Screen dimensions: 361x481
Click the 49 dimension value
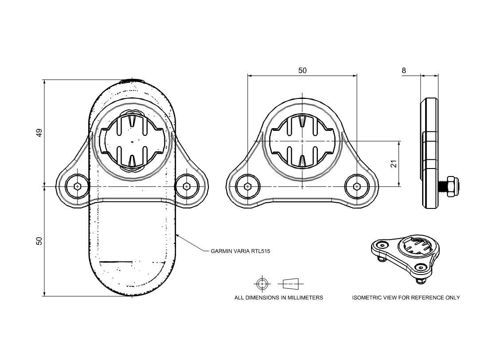(39, 133)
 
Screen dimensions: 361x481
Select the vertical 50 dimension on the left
(39, 241)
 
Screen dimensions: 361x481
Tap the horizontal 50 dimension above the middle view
(302, 71)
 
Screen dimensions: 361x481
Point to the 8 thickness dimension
(403, 71)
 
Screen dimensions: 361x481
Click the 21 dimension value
(393, 164)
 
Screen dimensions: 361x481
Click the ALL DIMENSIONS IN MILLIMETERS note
(278, 298)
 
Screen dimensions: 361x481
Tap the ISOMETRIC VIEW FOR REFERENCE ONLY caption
(406, 298)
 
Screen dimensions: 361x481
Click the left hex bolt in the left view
(78, 187)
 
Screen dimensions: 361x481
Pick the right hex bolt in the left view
(186, 187)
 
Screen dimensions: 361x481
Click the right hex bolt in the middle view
(356, 187)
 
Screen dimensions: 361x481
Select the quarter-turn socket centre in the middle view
(302, 141)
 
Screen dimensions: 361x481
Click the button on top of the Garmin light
(132, 81)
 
